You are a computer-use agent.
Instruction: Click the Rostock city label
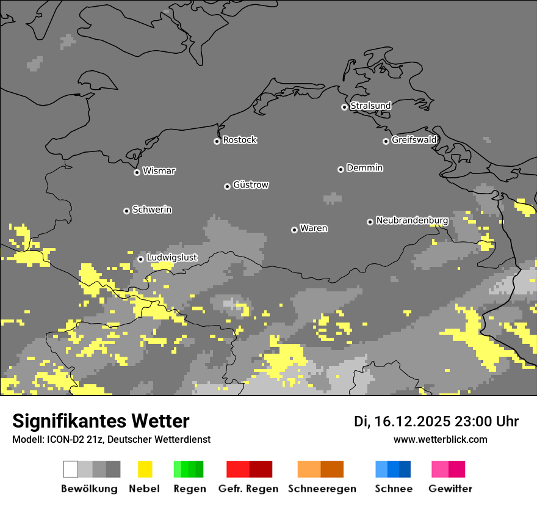(240, 140)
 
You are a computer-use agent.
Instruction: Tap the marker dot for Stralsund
(344, 107)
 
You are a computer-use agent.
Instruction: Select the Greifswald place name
(414, 140)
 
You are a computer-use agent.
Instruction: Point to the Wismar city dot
(137, 172)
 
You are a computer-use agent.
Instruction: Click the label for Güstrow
(251, 184)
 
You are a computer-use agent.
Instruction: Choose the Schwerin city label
(152, 210)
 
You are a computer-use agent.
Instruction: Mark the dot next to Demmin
(341, 169)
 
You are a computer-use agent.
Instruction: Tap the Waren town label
(314, 228)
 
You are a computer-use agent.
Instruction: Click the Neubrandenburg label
(412, 221)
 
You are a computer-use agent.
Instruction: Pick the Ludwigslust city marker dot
(140, 259)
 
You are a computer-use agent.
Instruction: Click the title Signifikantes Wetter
(101, 421)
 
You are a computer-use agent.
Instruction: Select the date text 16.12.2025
(412, 421)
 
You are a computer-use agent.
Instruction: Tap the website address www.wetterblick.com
(440, 439)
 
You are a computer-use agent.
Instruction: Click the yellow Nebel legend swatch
(145, 469)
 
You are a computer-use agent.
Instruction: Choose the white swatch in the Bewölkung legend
(71, 469)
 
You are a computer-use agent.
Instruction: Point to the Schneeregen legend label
(322, 489)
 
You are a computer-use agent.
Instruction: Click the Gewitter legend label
(450, 489)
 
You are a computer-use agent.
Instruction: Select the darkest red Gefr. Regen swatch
(261, 469)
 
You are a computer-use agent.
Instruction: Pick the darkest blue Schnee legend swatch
(405, 469)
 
